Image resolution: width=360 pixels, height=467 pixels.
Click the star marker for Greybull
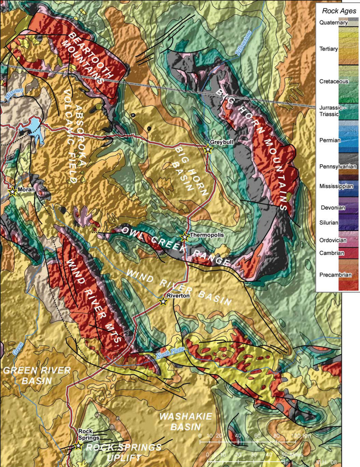208,149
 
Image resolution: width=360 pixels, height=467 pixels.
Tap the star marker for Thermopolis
185,237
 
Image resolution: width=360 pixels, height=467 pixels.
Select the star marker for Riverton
163,302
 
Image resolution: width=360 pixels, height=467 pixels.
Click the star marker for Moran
13,192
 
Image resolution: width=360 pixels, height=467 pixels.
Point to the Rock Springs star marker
78,446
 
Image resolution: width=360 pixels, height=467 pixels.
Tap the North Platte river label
169,355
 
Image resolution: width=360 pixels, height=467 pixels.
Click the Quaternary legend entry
333,22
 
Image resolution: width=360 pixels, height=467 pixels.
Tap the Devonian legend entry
333,208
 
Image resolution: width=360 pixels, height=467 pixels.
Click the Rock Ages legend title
337,11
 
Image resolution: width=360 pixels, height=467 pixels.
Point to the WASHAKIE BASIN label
185,422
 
